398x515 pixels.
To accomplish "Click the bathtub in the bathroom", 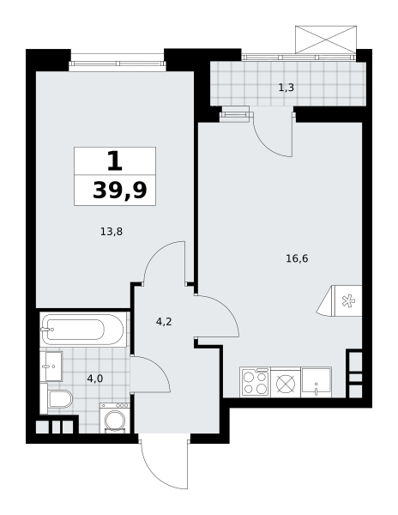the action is pos(83,330).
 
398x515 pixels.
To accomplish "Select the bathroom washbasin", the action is pos(51,367).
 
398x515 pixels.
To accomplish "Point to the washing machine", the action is pos(115,417).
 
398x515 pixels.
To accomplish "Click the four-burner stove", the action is pos(255,382).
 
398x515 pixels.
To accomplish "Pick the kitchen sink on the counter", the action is pos(317,382).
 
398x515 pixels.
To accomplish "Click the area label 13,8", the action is pos(112,232).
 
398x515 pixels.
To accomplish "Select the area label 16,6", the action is pos(297,259).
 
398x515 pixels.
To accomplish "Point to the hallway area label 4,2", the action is pos(164,322).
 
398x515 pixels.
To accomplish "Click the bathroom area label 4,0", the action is pos(95,379).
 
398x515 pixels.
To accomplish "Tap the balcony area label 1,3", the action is pos(286,88).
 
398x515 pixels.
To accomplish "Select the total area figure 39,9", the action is pos(120,191).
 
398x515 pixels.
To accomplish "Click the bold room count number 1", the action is pos(115,162).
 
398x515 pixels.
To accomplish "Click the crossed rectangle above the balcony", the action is pos(325,39).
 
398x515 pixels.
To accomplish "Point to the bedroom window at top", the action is pos(118,62).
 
